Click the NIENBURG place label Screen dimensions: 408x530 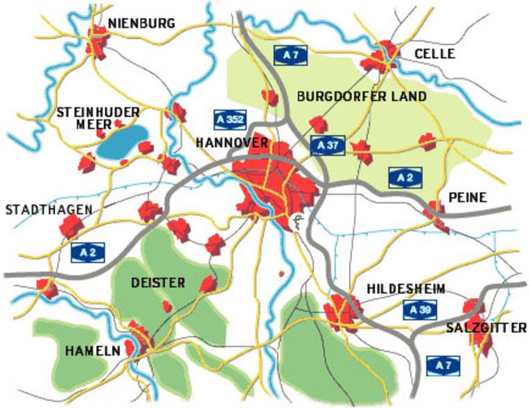tap(141, 24)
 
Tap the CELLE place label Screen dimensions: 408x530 tap(434, 53)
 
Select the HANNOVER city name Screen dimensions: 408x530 tap(231, 142)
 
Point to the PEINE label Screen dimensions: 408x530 tap(467, 197)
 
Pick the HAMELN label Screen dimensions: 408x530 tap(92, 351)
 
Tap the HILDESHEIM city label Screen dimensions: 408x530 tap(406, 288)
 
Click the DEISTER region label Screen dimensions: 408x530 tap(158, 282)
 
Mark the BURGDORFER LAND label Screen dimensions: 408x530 tap(361, 96)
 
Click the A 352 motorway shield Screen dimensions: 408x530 tap(229, 119)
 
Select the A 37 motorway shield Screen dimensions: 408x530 tap(328, 145)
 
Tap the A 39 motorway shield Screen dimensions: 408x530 tap(420, 310)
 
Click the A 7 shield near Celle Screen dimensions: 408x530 tap(290, 55)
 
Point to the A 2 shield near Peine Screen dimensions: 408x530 tap(405, 177)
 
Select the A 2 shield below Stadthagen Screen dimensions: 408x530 tap(88, 252)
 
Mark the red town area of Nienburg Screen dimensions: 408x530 tap(97, 41)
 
